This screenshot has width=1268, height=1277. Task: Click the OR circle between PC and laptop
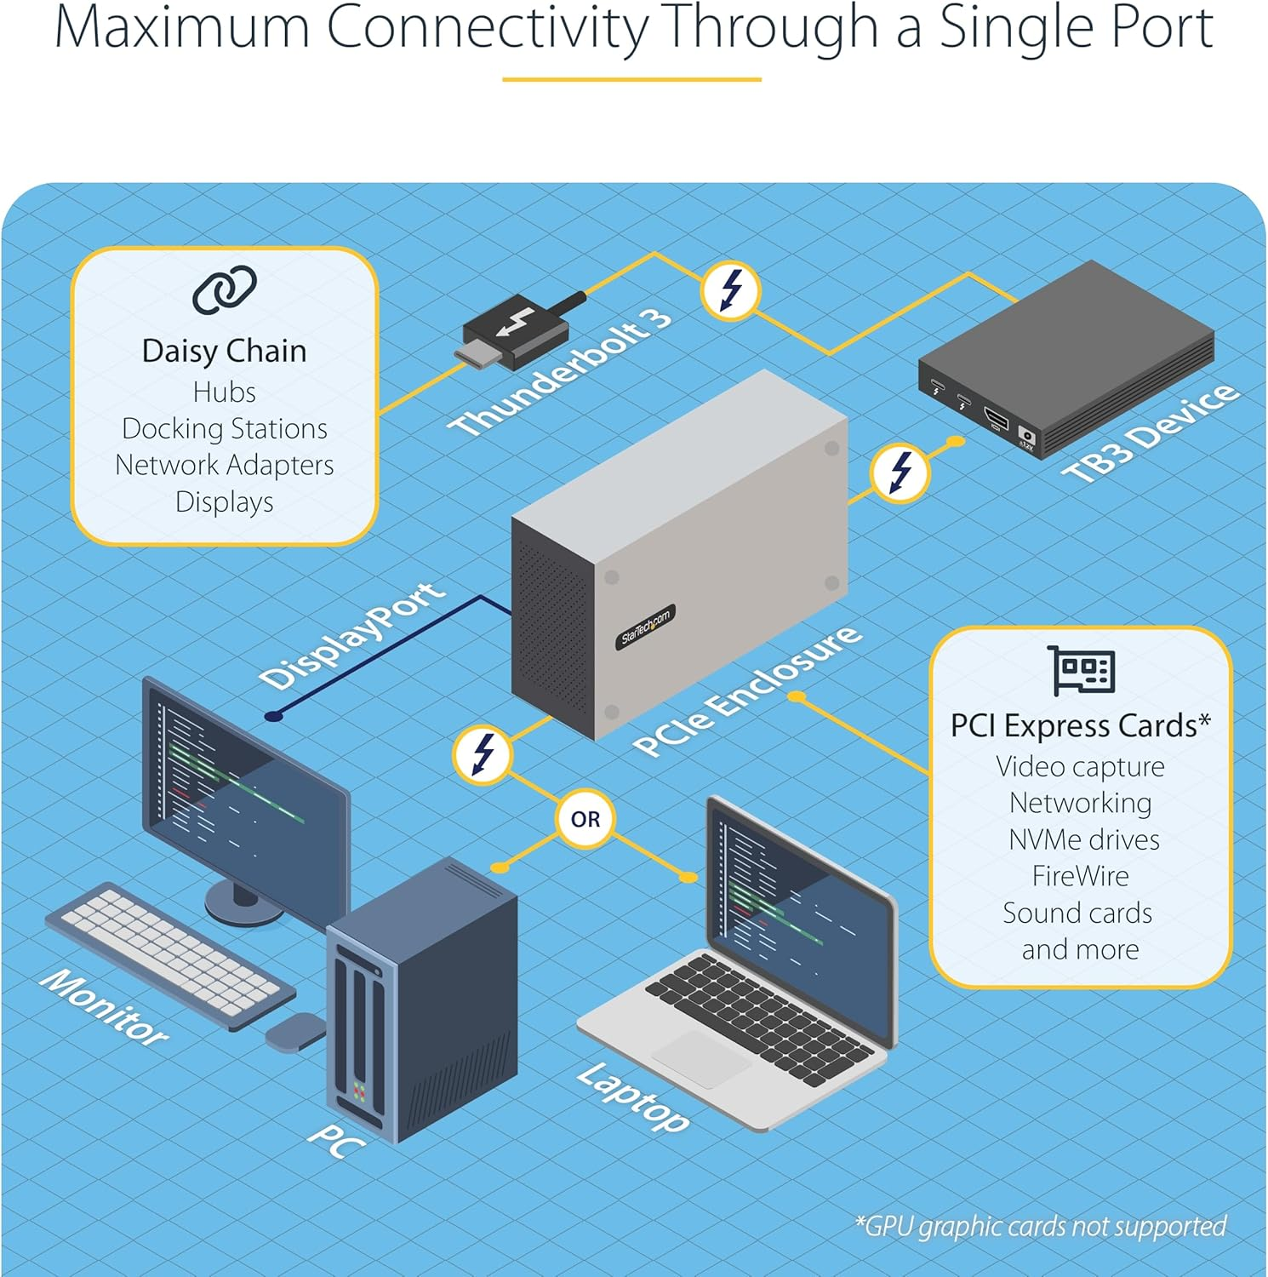585,819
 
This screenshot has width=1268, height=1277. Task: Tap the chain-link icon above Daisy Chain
225,289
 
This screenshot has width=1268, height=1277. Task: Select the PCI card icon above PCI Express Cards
1081,671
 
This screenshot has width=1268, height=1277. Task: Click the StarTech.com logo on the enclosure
645,627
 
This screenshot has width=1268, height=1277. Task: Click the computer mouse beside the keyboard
294,1032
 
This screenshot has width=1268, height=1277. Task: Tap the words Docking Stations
225,428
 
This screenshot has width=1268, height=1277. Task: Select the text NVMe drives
1083,839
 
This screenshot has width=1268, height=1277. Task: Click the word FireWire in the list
1080,876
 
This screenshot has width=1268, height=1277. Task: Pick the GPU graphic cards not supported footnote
1041,1226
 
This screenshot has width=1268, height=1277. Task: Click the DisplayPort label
352,635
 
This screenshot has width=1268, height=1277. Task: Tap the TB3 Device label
1151,433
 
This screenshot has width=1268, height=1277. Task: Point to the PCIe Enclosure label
747,690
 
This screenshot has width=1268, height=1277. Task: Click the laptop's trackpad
701,1058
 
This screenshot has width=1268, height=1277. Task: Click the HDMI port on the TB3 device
996,419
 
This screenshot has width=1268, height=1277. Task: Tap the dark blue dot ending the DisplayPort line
273,716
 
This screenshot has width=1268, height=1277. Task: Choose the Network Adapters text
225,465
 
